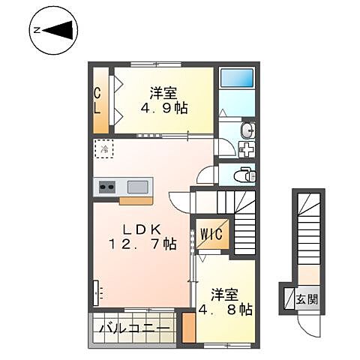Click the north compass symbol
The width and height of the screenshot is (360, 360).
pos(52,31)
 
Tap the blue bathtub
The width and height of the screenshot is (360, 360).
pos(236,77)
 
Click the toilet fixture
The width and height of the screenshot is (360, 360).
pos(244,175)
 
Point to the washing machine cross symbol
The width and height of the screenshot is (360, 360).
pos(246,149)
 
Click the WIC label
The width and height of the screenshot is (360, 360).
pos(211,234)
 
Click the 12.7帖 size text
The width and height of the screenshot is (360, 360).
pos(142,244)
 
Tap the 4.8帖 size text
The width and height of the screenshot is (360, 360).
pos(224,307)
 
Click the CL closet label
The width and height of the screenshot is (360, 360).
pos(97,100)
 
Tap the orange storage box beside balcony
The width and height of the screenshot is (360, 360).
pos(189,328)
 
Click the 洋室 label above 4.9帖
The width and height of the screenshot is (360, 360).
pos(163,92)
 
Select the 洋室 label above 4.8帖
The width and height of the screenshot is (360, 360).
pos(223,292)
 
